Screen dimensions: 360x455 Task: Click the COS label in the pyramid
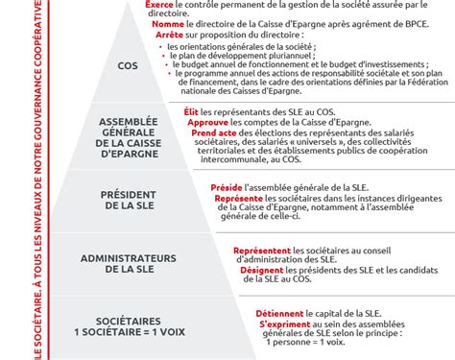pos(127,66)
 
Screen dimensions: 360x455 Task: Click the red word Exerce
pos(159,5)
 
